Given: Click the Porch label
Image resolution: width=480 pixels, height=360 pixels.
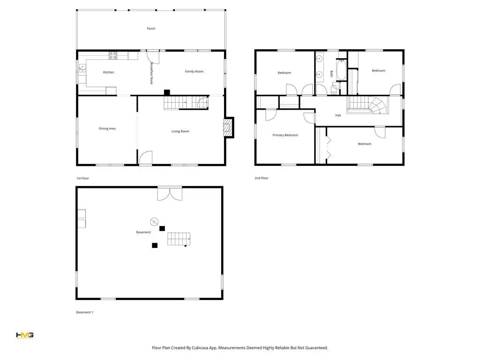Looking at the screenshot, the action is coord(151,29).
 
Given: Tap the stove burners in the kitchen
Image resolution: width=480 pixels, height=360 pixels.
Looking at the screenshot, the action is coord(113,55).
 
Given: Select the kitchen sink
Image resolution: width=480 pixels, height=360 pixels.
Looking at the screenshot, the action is coord(82,68).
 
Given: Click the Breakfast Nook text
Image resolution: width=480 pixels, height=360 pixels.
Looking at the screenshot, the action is coord(151,74).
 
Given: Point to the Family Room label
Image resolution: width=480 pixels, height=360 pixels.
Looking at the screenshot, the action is coord(194,71).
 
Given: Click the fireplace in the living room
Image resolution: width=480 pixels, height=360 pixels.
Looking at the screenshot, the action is coord(228,127).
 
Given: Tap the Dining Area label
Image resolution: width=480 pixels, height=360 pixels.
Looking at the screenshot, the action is coord(107,128).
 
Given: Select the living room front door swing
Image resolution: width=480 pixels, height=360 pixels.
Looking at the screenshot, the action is coord(146,157).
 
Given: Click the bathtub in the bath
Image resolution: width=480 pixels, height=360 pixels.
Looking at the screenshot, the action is coord(341,69).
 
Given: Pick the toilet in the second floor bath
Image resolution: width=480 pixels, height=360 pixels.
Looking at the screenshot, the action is coord(335,88).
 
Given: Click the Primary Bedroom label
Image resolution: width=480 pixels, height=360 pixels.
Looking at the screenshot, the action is coord(285,135).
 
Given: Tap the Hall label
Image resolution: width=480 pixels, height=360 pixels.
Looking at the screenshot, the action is coord(338,115).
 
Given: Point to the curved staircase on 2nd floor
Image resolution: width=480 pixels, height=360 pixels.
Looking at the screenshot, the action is coord(367,105).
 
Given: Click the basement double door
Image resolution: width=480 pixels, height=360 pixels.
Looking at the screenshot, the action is coord(170,194).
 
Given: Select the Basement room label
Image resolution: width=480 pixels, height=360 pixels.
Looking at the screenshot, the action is coord(143,232).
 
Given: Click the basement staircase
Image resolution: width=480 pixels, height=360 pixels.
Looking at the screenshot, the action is coord(179,239).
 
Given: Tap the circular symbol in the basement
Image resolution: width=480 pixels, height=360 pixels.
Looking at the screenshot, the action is coord(154,221).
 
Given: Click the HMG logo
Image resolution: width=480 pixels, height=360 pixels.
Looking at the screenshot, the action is coord(24,336).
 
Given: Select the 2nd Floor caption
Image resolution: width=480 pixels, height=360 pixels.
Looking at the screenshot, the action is coord(262,178).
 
